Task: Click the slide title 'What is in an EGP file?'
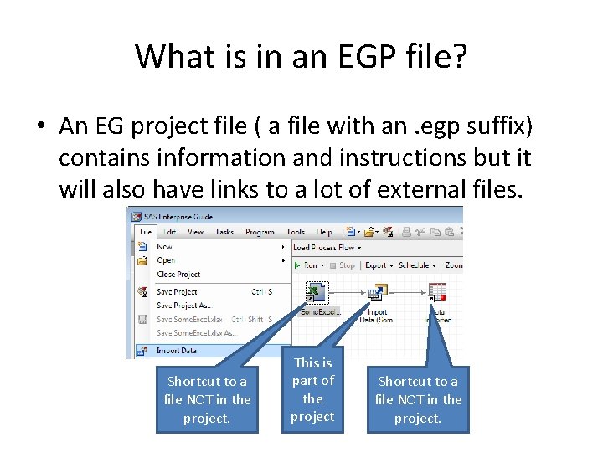point(301,57)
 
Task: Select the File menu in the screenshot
point(146,232)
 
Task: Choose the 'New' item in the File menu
point(164,247)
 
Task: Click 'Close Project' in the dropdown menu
point(178,274)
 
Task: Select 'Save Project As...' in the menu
point(183,305)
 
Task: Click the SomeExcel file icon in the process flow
point(317,293)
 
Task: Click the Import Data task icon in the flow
point(376,293)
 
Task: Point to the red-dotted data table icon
point(436,293)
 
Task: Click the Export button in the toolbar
point(376,265)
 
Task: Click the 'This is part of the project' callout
point(312,390)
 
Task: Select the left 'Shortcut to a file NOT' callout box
point(207,399)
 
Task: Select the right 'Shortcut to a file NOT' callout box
point(418,399)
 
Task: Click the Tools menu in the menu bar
point(296,232)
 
